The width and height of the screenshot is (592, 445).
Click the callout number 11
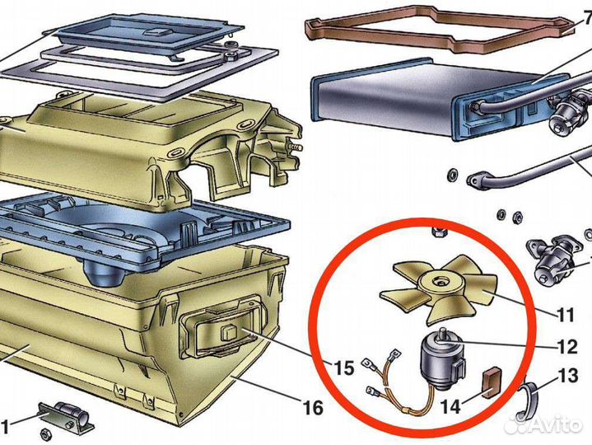[565, 314]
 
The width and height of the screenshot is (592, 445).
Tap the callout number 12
[567, 346]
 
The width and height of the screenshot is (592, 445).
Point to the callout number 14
[451, 406]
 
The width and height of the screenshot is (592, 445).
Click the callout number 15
[343, 368]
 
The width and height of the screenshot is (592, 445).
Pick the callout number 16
[313, 408]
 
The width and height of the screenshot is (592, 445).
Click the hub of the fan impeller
[440, 282]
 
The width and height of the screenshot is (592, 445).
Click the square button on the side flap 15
[229, 332]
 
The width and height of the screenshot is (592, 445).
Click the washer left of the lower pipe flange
[451, 176]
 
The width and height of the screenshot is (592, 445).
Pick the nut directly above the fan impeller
[437, 232]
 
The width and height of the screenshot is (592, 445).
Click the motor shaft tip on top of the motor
[442, 332]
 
